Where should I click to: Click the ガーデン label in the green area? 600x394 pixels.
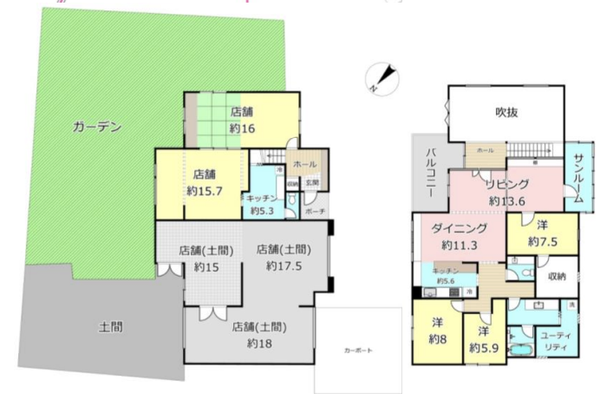[96, 127]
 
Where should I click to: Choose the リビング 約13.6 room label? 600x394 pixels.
[505, 192]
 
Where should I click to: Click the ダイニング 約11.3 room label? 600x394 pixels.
[459, 237]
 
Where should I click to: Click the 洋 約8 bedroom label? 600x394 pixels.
[437, 330]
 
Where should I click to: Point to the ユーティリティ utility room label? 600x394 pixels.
[550, 340]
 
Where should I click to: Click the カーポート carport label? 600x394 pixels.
[357, 350]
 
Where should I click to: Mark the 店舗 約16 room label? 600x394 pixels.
[242, 120]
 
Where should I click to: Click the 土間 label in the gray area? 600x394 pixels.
[110, 327]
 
